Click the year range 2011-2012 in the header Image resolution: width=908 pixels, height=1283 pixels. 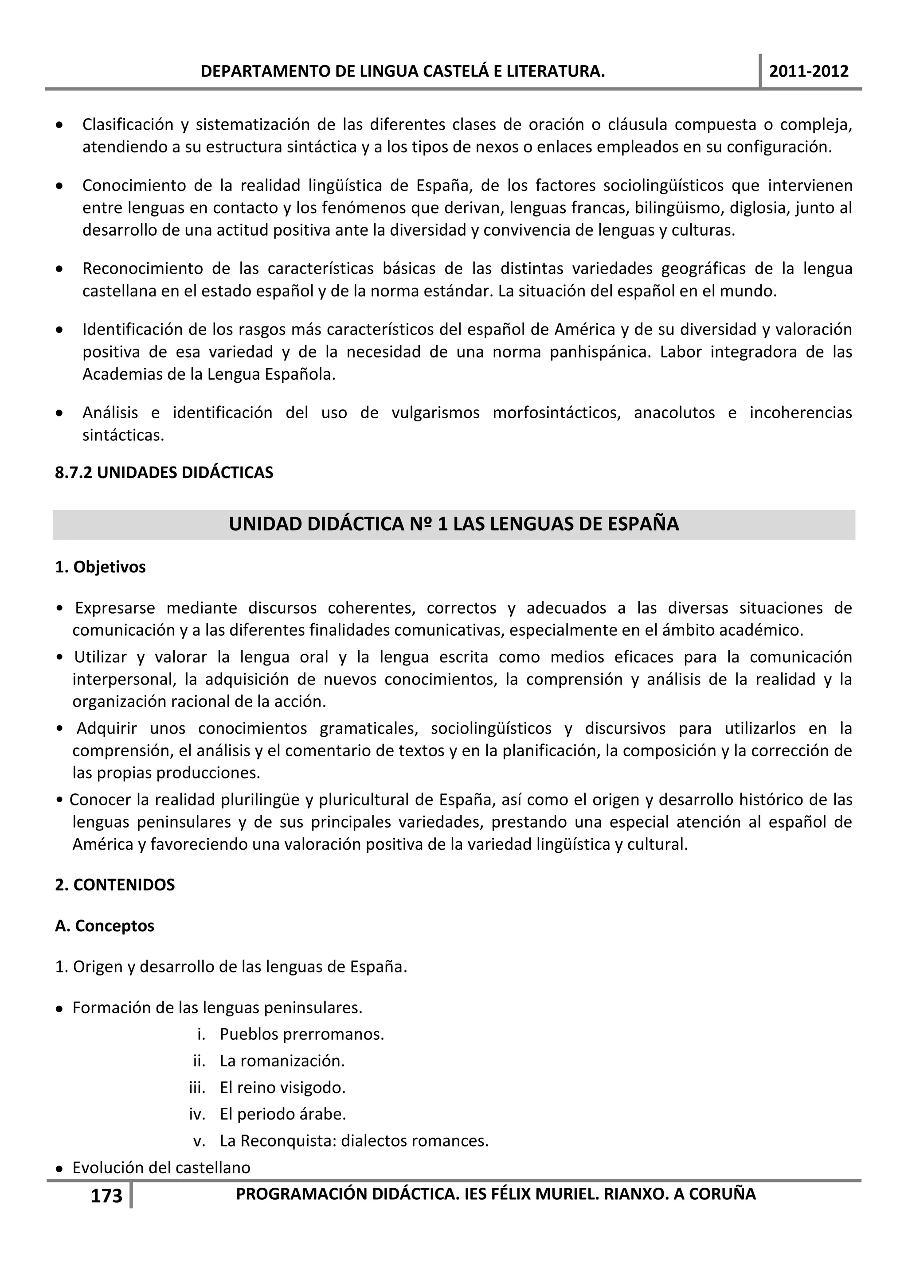point(809,71)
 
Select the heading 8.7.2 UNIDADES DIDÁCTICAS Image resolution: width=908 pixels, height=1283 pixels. point(164,473)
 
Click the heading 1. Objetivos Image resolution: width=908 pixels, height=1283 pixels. point(100,567)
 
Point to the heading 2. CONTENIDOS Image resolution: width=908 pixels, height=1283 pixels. point(115,885)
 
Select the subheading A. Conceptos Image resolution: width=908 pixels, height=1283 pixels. point(105,926)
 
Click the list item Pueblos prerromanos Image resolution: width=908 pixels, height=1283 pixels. point(302,1034)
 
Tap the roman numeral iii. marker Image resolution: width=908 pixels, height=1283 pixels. point(197,1088)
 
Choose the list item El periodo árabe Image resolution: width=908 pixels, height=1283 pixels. point(283,1114)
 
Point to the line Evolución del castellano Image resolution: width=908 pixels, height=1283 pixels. point(161,1167)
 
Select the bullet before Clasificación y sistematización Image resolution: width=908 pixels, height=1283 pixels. point(59,124)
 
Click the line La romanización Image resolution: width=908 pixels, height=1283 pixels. point(282,1061)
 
